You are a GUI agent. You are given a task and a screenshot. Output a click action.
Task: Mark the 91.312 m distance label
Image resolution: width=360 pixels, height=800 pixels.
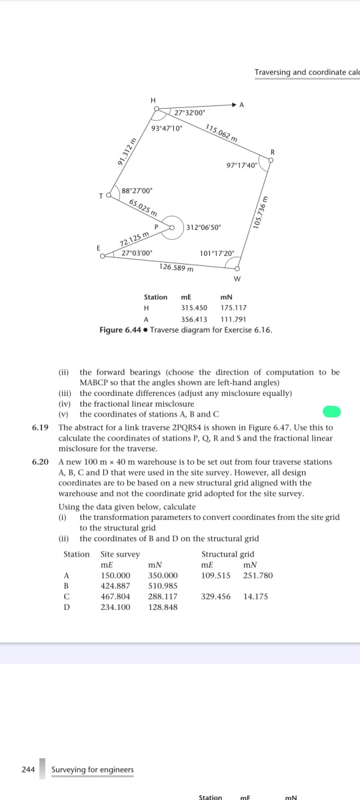(123, 151)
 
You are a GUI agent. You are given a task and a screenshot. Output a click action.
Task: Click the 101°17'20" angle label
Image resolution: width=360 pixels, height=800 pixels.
(217, 254)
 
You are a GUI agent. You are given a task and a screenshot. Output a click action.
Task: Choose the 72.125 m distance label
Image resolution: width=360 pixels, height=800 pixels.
(133, 241)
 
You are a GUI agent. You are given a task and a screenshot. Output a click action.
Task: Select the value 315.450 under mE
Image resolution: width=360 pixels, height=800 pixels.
(194, 308)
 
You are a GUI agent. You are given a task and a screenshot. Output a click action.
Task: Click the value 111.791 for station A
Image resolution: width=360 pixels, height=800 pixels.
(233, 319)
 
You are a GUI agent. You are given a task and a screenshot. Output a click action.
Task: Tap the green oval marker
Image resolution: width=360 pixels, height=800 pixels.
(332, 411)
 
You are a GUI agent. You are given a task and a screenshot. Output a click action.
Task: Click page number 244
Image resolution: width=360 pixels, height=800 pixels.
(28, 769)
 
